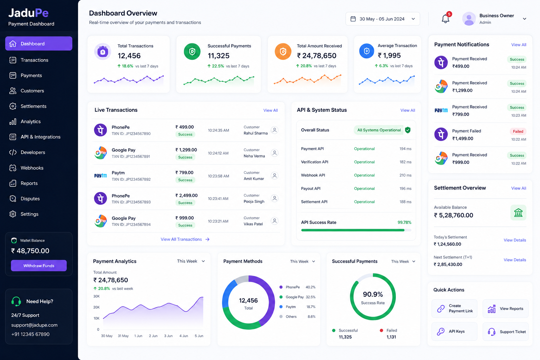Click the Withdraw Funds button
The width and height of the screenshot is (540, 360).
pos(39,265)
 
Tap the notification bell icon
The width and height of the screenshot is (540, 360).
pos(445,19)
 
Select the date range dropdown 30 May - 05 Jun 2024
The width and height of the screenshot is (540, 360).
pos(382,19)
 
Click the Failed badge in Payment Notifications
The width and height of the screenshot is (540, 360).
pos(518,131)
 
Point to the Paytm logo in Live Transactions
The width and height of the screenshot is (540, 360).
pos(100,175)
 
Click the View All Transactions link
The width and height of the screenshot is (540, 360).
pos(185,239)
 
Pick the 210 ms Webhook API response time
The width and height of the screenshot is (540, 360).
pos(405,175)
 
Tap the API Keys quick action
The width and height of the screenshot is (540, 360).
pos(454,331)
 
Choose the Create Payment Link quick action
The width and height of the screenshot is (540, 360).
pos(454,308)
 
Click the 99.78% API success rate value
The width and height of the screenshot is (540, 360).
pos(404,222)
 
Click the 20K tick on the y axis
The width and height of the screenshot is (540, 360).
pos(96,307)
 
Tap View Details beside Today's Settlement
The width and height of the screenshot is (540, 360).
pos(515,240)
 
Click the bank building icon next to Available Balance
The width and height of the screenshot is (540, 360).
pos(518,213)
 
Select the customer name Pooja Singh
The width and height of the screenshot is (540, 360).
pos(254,201)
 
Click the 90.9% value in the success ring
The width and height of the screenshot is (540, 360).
pos(373,294)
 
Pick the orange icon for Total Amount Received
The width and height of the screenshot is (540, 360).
pos(283,51)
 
